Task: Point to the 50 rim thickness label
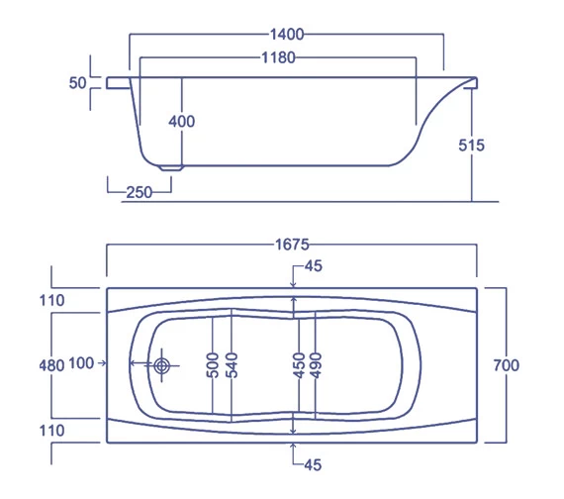[77, 83]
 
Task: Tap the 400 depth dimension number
[182, 121]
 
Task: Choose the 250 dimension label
[140, 192]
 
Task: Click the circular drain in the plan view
[162, 365]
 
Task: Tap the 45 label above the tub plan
[314, 265]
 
